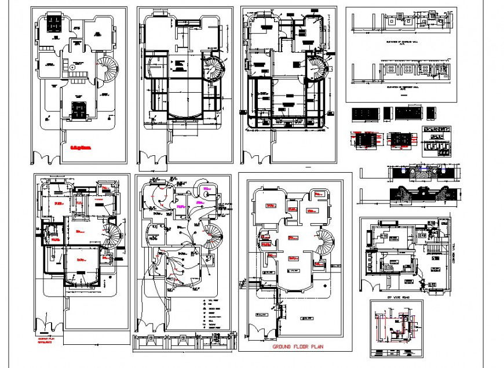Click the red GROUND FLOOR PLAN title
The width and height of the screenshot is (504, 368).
point(298,347)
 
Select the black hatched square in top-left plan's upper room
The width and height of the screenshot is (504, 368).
point(54,24)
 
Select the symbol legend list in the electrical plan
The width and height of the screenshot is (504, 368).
point(212,314)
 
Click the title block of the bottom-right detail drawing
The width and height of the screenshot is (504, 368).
point(396,352)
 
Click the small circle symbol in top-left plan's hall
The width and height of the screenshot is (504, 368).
point(72,67)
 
